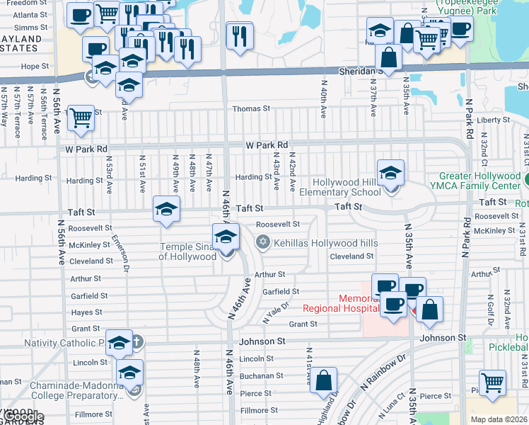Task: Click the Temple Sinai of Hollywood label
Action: click(187, 251)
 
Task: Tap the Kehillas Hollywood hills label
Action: click(315, 243)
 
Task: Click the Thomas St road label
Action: click(252, 109)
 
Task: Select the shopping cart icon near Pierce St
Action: click(492, 382)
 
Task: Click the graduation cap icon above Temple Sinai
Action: click(226, 236)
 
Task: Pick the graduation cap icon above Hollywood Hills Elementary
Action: click(390, 172)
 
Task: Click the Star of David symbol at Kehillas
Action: click(262, 243)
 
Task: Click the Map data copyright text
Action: click(498, 419)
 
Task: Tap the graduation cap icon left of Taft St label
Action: click(166, 209)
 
